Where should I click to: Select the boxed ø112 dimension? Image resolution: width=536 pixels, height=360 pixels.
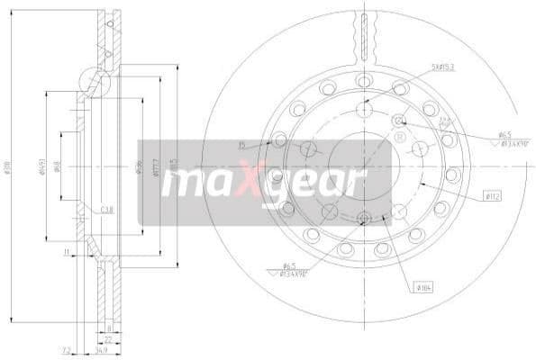[493, 195]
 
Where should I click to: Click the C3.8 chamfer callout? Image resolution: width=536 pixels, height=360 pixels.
[107, 209]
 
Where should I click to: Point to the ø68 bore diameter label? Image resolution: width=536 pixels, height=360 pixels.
[57, 166]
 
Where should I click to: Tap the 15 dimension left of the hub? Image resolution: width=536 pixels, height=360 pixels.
[241, 144]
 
